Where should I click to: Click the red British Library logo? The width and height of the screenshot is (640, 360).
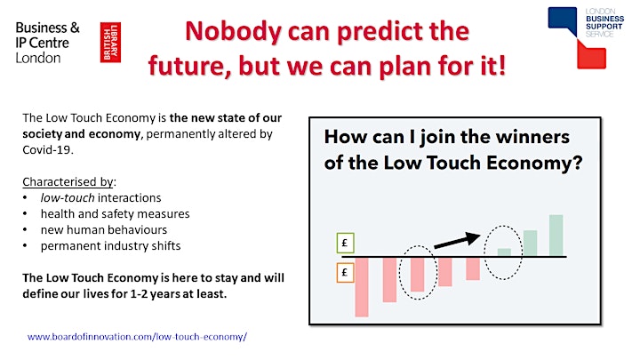pyautogui.click(x=110, y=43)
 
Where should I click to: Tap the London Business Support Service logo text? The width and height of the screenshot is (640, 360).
pyautogui.click(x=604, y=22)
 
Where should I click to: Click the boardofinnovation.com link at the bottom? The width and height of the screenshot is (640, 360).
pyautogui.click(x=137, y=337)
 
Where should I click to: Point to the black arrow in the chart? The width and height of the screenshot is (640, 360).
pyautogui.click(x=457, y=240)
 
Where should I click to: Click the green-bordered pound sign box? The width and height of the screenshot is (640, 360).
pyautogui.click(x=345, y=243)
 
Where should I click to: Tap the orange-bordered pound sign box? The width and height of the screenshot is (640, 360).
pyautogui.click(x=345, y=273)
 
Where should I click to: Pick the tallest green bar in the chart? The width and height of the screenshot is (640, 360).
pyautogui.click(x=556, y=236)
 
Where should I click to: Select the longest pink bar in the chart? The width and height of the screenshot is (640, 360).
pyautogui.click(x=362, y=287)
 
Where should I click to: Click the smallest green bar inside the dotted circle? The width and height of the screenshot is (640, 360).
pyautogui.click(x=504, y=252)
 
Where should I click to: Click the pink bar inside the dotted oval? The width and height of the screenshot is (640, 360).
pyautogui.click(x=417, y=275)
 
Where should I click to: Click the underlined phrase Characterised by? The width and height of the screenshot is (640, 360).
pyautogui.click(x=68, y=181)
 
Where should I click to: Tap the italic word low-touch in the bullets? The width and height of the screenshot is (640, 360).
pyautogui.click(x=68, y=198)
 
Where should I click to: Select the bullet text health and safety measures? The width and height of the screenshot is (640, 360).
pyautogui.click(x=115, y=214)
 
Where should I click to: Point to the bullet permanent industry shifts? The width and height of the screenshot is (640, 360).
pyautogui.click(x=110, y=246)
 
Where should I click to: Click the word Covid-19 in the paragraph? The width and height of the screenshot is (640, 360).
pyautogui.click(x=47, y=150)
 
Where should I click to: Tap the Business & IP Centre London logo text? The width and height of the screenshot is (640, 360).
pyautogui.click(x=47, y=43)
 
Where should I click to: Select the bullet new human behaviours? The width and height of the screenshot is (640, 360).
pyautogui.click(x=104, y=230)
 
